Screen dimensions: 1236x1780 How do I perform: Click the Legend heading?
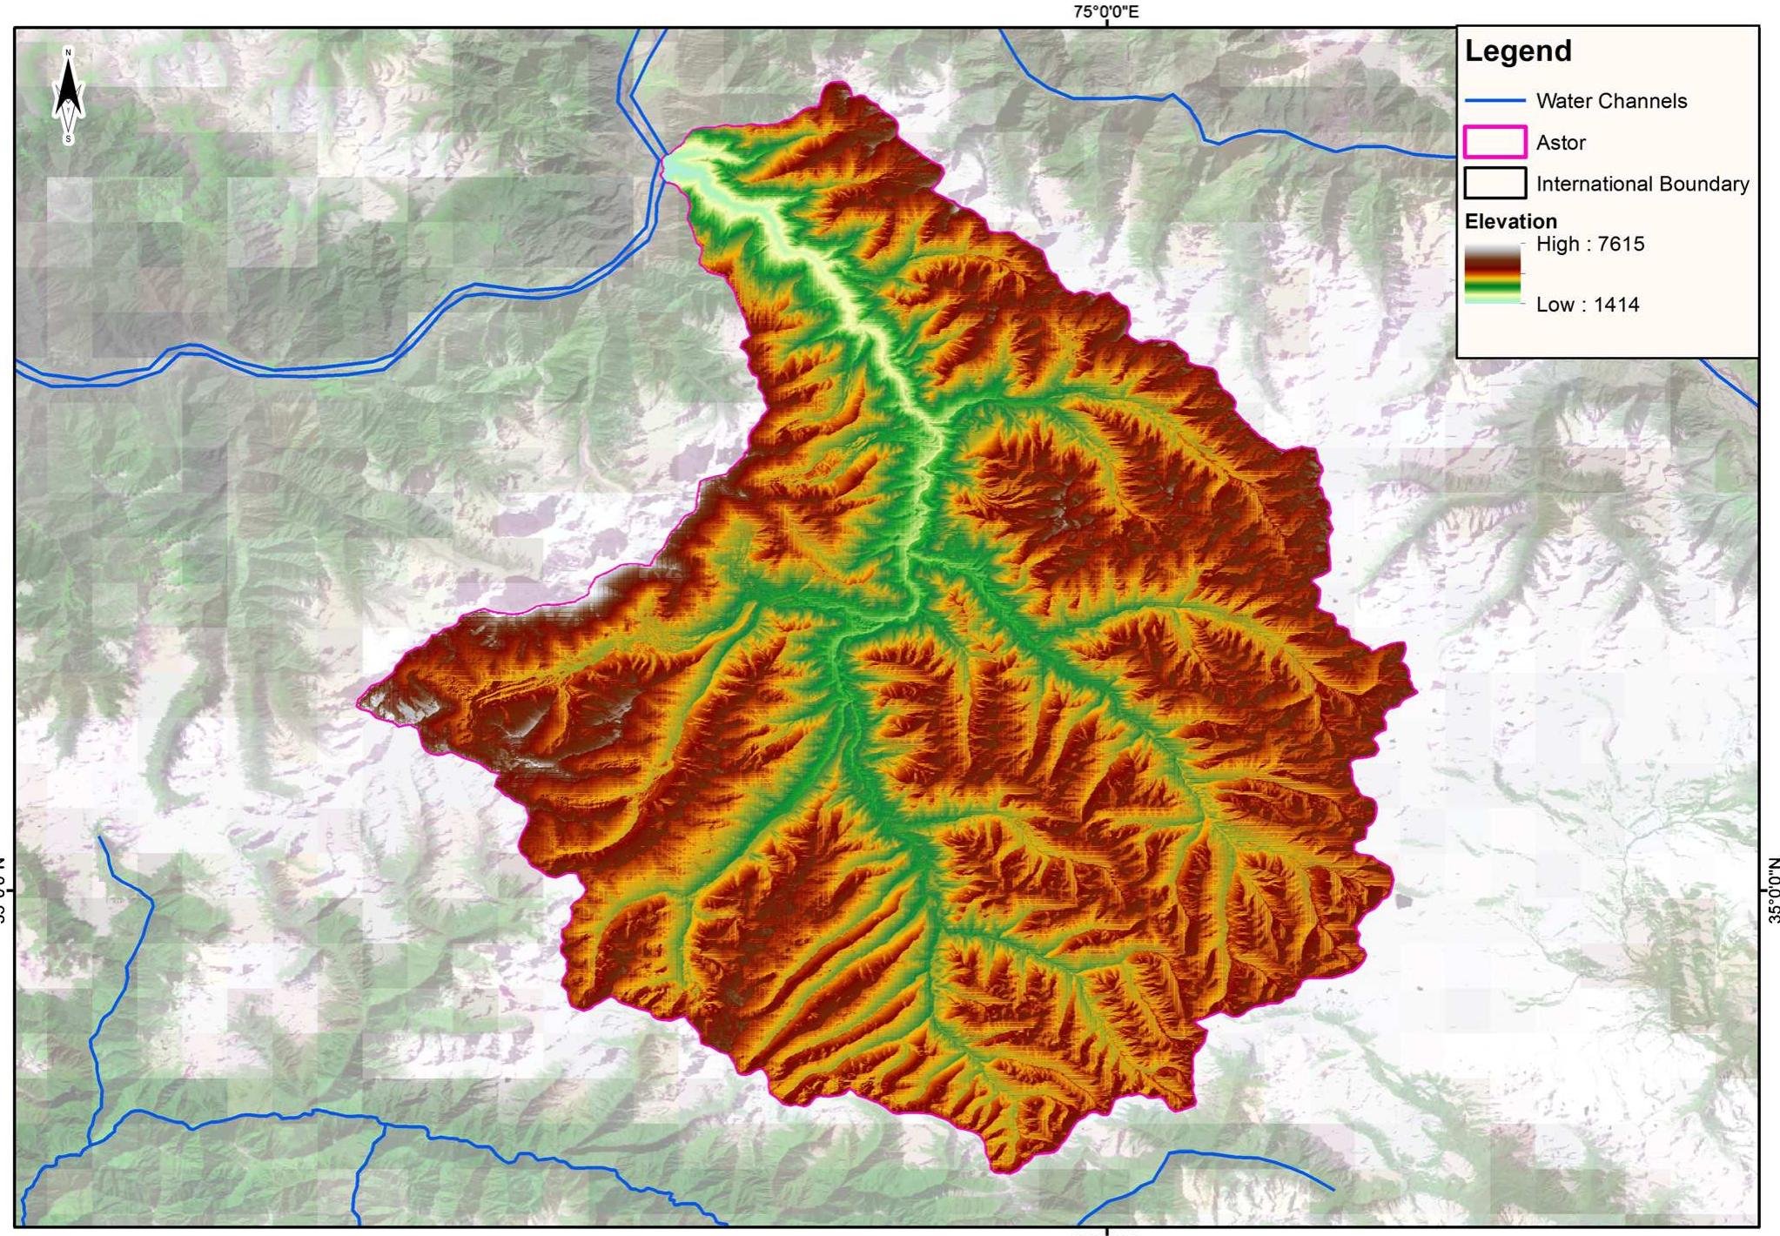(x=1518, y=50)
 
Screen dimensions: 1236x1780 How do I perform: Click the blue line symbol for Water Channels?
(x=1495, y=101)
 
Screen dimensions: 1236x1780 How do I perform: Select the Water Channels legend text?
(x=1611, y=101)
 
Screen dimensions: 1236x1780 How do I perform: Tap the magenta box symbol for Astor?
(x=1495, y=142)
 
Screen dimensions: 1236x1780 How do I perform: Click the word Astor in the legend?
(x=1561, y=143)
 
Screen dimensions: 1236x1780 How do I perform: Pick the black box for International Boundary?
(x=1495, y=184)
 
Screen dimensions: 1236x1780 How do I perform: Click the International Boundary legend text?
(x=1642, y=184)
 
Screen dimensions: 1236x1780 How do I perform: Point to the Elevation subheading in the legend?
(x=1510, y=221)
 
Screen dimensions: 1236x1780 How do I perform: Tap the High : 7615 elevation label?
(x=1590, y=244)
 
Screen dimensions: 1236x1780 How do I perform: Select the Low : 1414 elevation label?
(x=1588, y=305)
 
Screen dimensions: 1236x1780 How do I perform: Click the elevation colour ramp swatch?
(x=1492, y=273)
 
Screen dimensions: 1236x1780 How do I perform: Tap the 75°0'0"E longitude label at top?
(x=1105, y=11)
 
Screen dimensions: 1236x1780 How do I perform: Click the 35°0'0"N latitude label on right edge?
(x=1773, y=890)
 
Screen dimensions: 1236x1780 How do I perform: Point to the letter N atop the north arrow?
(x=68, y=53)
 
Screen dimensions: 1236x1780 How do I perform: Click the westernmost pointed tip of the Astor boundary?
(x=359, y=702)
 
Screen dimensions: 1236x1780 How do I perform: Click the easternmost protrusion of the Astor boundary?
(x=1414, y=691)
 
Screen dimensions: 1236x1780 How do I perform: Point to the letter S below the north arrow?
(x=68, y=139)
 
